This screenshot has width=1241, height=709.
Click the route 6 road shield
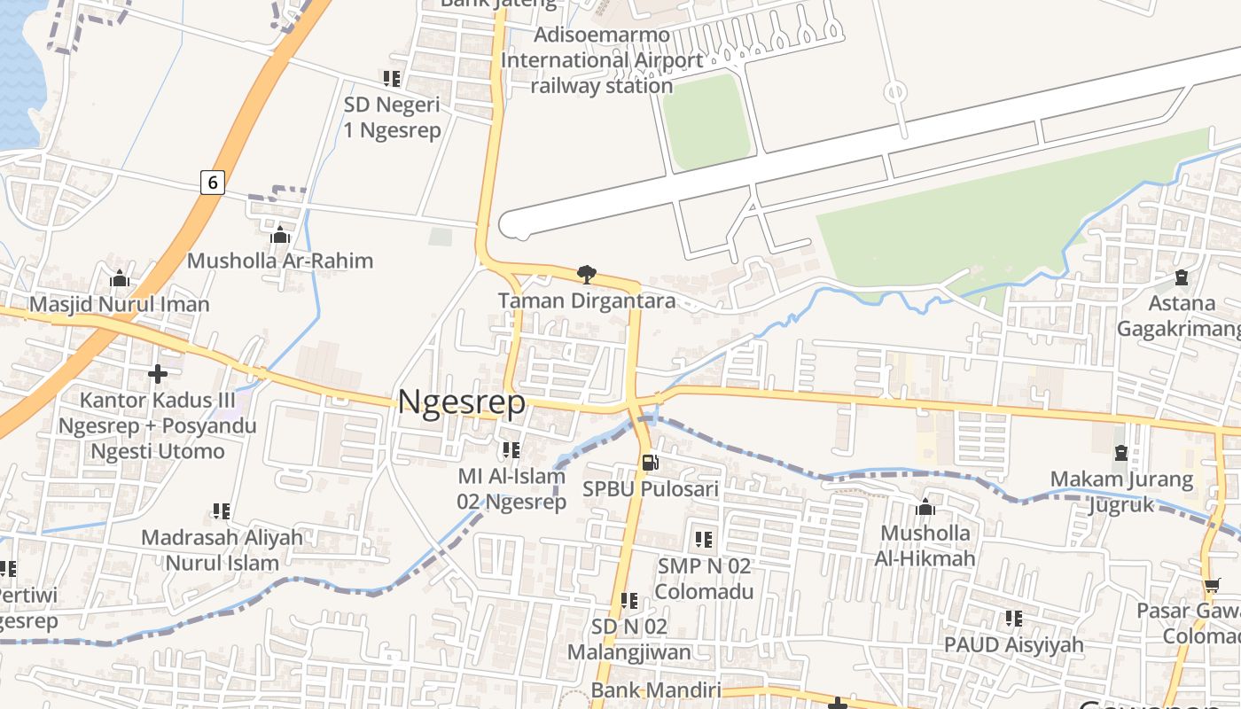click(x=212, y=182)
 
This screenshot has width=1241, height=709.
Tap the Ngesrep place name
click(x=462, y=402)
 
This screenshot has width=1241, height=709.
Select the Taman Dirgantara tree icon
click(x=586, y=274)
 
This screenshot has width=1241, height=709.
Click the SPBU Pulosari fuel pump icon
click(x=650, y=462)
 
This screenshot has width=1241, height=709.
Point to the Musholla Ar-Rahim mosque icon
click(x=280, y=235)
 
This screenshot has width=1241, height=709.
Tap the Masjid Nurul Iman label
click(x=120, y=304)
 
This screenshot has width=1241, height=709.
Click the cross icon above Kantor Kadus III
click(x=158, y=374)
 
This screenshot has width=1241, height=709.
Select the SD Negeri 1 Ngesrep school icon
click(x=392, y=79)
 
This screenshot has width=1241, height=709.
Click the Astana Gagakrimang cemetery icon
click(x=1181, y=277)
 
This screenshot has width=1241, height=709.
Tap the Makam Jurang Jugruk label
click(x=1121, y=492)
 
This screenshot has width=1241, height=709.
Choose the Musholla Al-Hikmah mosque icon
click(x=925, y=508)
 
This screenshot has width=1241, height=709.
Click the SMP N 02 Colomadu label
click(x=706, y=578)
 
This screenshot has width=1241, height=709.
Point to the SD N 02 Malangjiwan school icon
click(x=629, y=601)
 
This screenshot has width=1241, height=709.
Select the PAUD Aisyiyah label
click(x=1013, y=644)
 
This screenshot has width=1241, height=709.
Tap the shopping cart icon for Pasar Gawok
click(x=1212, y=586)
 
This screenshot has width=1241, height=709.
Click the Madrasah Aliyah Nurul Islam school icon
click(x=222, y=511)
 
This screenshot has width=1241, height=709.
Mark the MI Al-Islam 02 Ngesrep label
click(x=511, y=488)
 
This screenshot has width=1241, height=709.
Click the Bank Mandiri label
click(x=656, y=690)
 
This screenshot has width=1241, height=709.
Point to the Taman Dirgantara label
click(x=587, y=300)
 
